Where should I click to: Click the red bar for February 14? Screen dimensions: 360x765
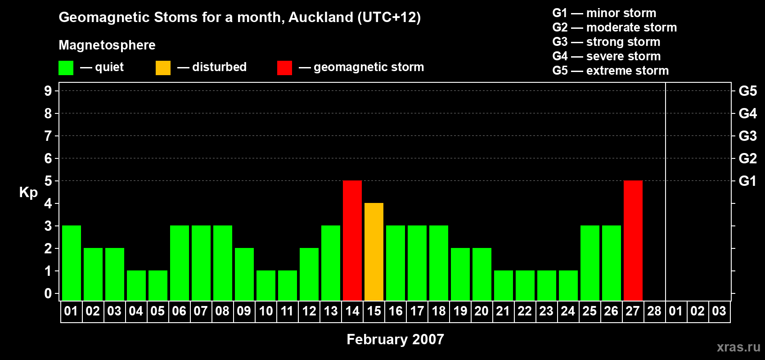click(352, 240)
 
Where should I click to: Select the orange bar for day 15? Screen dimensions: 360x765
click(374, 252)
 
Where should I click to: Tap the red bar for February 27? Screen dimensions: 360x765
click(633, 240)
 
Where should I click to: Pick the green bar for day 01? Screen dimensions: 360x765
click(72, 263)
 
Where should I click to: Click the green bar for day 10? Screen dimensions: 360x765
click(266, 285)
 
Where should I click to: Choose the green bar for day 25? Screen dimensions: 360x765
click(590, 263)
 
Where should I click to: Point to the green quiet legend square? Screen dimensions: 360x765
click(66, 68)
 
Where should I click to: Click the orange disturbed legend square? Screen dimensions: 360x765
click(163, 68)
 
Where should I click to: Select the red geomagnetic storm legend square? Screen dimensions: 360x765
click(284, 68)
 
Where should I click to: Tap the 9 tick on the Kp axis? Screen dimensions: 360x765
click(48, 91)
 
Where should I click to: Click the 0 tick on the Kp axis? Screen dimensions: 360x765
click(48, 293)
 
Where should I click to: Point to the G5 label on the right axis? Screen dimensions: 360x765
click(747, 91)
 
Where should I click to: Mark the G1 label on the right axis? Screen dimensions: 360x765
click(747, 181)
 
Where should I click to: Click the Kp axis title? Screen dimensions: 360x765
click(28, 192)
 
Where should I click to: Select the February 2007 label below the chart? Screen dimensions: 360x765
click(395, 339)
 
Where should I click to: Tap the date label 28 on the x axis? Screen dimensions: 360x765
click(654, 311)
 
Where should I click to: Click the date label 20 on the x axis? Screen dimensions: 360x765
click(481, 311)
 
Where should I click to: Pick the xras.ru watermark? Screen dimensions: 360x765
click(738, 347)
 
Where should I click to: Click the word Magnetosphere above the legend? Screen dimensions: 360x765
click(107, 45)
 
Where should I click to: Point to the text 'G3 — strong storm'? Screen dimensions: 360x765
click(606, 42)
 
